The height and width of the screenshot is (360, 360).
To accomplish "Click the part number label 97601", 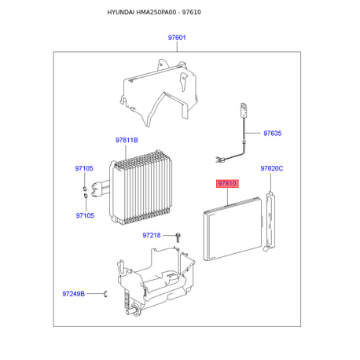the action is [177, 38].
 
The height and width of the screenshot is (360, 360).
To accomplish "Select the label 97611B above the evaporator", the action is [127, 140].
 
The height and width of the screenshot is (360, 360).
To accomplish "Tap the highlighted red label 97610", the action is [227, 183].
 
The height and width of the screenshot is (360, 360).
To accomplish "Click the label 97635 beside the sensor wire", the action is [273, 133].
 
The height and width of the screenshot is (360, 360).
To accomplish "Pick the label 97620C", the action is [272, 168].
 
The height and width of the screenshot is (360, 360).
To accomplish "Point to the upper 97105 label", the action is [84, 168].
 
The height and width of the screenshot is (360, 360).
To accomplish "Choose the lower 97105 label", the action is [85, 215].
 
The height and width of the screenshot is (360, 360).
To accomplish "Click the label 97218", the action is [152, 235].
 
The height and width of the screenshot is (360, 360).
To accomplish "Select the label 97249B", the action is [74, 294].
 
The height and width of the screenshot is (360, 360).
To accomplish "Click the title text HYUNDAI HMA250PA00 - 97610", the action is [154, 13].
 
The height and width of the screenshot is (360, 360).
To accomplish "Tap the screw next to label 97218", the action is [178, 237].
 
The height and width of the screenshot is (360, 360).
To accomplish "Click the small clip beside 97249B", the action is [105, 294].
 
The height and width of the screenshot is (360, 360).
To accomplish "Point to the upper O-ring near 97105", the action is [85, 189].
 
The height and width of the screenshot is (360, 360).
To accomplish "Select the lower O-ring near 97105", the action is [86, 196].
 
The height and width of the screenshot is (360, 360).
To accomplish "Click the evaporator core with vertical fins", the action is [141, 188].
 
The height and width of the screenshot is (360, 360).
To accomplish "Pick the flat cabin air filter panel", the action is [233, 229].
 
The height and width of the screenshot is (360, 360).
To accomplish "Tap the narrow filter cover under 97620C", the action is [270, 222].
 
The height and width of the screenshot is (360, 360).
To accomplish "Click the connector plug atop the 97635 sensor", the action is [244, 109].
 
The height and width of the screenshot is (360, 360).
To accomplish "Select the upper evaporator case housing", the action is [159, 92].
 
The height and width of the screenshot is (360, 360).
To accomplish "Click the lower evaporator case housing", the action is [155, 281].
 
